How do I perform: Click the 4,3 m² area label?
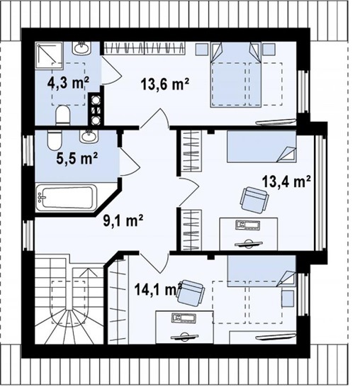68,83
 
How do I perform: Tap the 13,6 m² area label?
165,84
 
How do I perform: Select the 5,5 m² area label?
77,159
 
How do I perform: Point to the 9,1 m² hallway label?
123,220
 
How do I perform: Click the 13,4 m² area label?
286,181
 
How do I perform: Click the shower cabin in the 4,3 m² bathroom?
48,55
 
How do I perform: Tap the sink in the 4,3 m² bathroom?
81,47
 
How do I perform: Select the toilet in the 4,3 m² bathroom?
62,116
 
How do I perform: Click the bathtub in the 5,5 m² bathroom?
66,198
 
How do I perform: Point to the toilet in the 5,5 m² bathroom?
55,140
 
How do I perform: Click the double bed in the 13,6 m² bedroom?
236,74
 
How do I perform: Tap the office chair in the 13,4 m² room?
254,200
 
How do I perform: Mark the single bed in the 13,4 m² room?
261,147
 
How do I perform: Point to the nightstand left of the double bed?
201,49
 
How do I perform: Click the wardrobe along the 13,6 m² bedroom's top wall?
145,48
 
